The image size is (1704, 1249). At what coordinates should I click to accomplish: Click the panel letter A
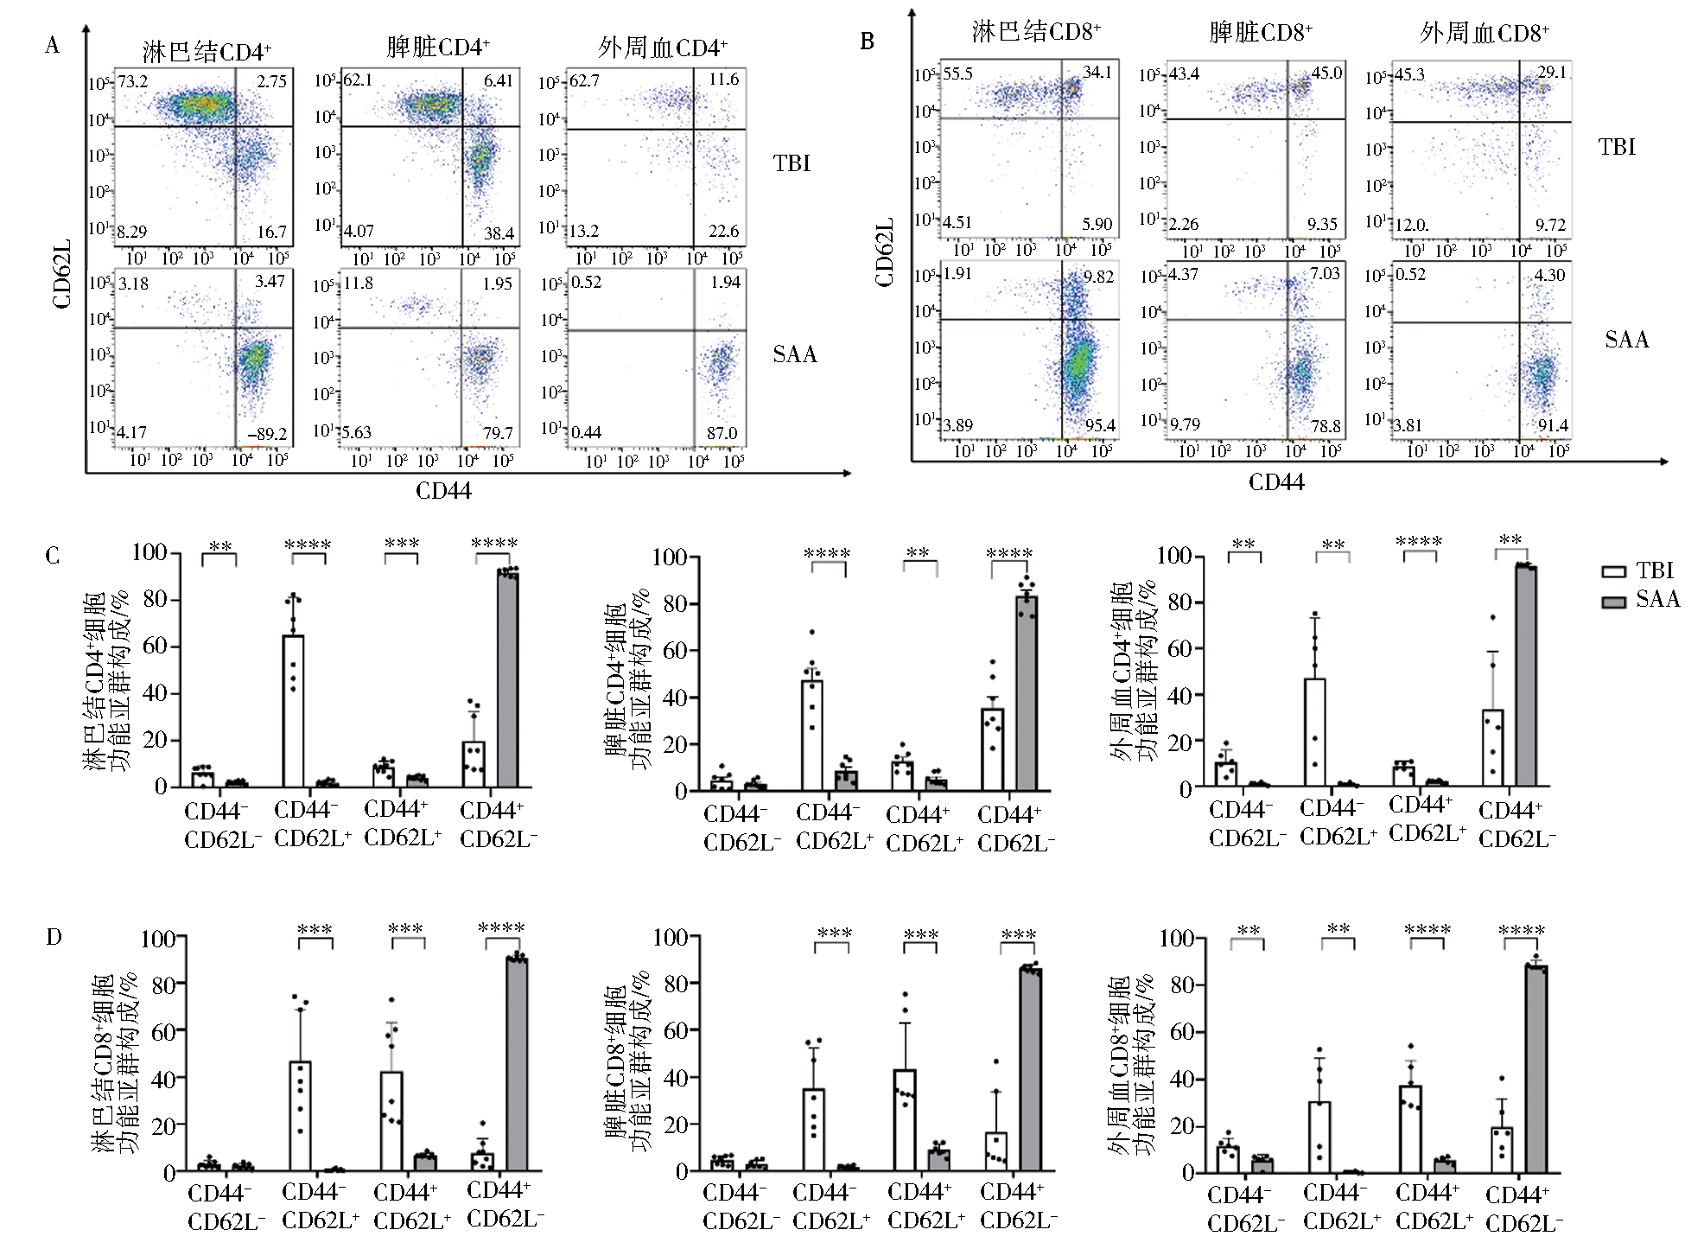click(x=53, y=46)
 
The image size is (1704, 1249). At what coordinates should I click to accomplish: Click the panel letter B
click(x=867, y=41)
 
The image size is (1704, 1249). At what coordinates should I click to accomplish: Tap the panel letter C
click(x=53, y=555)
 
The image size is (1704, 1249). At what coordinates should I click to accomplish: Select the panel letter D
click(x=54, y=937)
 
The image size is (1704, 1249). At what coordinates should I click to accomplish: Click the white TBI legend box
click(x=1613, y=571)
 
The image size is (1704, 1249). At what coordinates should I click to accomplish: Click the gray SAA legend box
click(x=1613, y=601)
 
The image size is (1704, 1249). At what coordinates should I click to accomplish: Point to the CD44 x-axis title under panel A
click(x=443, y=491)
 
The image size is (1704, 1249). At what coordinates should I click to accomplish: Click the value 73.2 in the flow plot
click(x=133, y=82)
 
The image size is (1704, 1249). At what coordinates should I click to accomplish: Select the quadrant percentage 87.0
click(x=722, y=433)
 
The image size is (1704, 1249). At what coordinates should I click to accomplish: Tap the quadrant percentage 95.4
click(x=1099, y=425)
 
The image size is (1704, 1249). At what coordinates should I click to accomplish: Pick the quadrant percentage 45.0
click(x=1326, y=73)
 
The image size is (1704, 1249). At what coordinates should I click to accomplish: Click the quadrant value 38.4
click(x=499, y=233)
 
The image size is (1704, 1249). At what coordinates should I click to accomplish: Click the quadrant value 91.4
click(x=1553, y=425)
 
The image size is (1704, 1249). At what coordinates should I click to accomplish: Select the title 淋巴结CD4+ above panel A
click(x=207, y=52)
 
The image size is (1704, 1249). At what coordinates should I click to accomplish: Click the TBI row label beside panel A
click(x=792, y=163)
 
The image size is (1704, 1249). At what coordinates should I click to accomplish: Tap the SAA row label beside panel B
click(x=1626, y=340)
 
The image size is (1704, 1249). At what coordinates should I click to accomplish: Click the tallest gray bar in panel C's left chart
click(x=507, y=679)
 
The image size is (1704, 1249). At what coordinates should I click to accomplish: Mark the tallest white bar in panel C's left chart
click(x=294, y=711)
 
